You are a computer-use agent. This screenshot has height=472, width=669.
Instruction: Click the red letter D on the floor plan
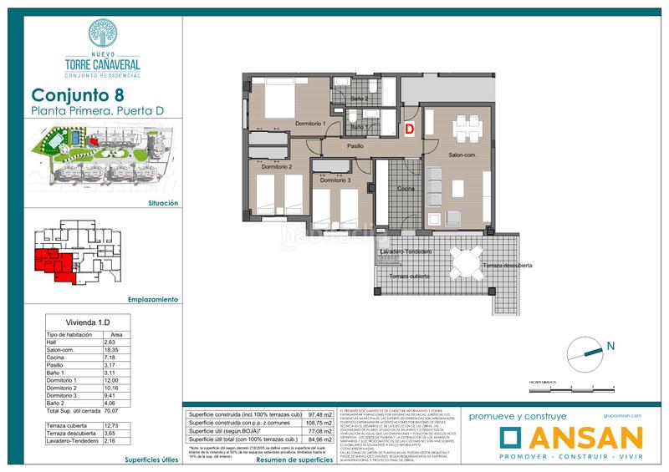(410, 129)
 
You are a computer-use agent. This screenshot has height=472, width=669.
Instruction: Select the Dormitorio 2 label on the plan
(277, 167)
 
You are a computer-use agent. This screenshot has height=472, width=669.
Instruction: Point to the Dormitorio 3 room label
(334, 180)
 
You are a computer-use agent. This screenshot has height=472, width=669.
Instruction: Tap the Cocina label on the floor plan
(406, 189)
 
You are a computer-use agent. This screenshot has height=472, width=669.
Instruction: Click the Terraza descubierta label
(505, 266)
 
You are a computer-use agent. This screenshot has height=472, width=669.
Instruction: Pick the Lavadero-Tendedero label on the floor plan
(406, 251)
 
